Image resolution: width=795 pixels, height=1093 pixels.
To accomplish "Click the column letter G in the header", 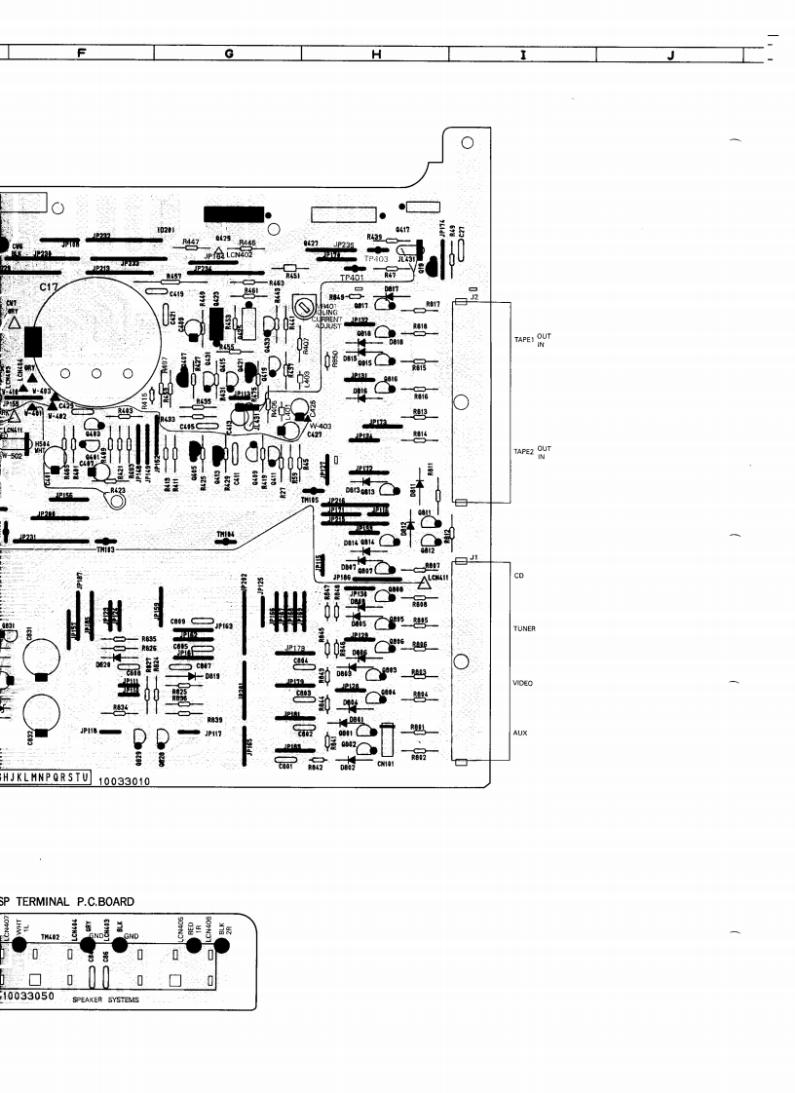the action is coord(228,55).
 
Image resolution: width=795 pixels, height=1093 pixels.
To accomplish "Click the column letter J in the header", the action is coord(670,55).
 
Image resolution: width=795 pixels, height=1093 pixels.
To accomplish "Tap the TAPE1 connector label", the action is coord(523,340).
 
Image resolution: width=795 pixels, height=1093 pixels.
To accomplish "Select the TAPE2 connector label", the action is coord(523,452).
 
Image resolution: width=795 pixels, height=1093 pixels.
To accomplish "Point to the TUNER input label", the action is coord(524,629).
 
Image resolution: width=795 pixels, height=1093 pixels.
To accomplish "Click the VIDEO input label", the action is coord(523,683).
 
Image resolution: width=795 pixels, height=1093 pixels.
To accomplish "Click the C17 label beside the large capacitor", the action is coord(49,288).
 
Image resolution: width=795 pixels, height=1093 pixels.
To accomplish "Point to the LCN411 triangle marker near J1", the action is coord(422,583).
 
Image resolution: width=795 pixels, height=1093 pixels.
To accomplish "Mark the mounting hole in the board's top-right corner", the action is coord(468,144).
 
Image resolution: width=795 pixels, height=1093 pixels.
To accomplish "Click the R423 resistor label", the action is coord(118,491).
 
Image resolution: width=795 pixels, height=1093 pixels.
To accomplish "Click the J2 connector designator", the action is coord(473,296).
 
